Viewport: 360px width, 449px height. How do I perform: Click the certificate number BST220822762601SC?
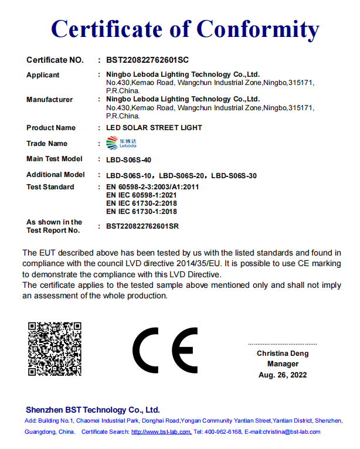[147, 60]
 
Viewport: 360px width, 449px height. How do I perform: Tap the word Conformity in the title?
[257, 28]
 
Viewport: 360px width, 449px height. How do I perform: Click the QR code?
[55, 349]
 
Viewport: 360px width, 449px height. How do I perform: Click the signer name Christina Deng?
[283, 353]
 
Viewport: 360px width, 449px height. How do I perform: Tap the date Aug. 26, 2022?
[283, 375]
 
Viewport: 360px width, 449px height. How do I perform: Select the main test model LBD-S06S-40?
[132, 159]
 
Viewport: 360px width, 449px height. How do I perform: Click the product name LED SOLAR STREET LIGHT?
[154, 127]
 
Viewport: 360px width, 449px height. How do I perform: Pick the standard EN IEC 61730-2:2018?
[141, 203]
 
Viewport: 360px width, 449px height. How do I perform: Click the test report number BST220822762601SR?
[142, 226]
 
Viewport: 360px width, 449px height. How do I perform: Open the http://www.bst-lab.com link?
[161, 432]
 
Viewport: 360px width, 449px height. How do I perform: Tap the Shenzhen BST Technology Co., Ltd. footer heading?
[93, 410]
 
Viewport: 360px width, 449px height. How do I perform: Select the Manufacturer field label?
[50, 100]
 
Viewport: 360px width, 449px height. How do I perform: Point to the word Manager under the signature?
[283, 364]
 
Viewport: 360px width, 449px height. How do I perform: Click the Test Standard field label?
[50, 187]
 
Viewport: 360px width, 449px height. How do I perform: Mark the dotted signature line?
[283, 343]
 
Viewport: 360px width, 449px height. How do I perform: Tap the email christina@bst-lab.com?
[291, 432]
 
